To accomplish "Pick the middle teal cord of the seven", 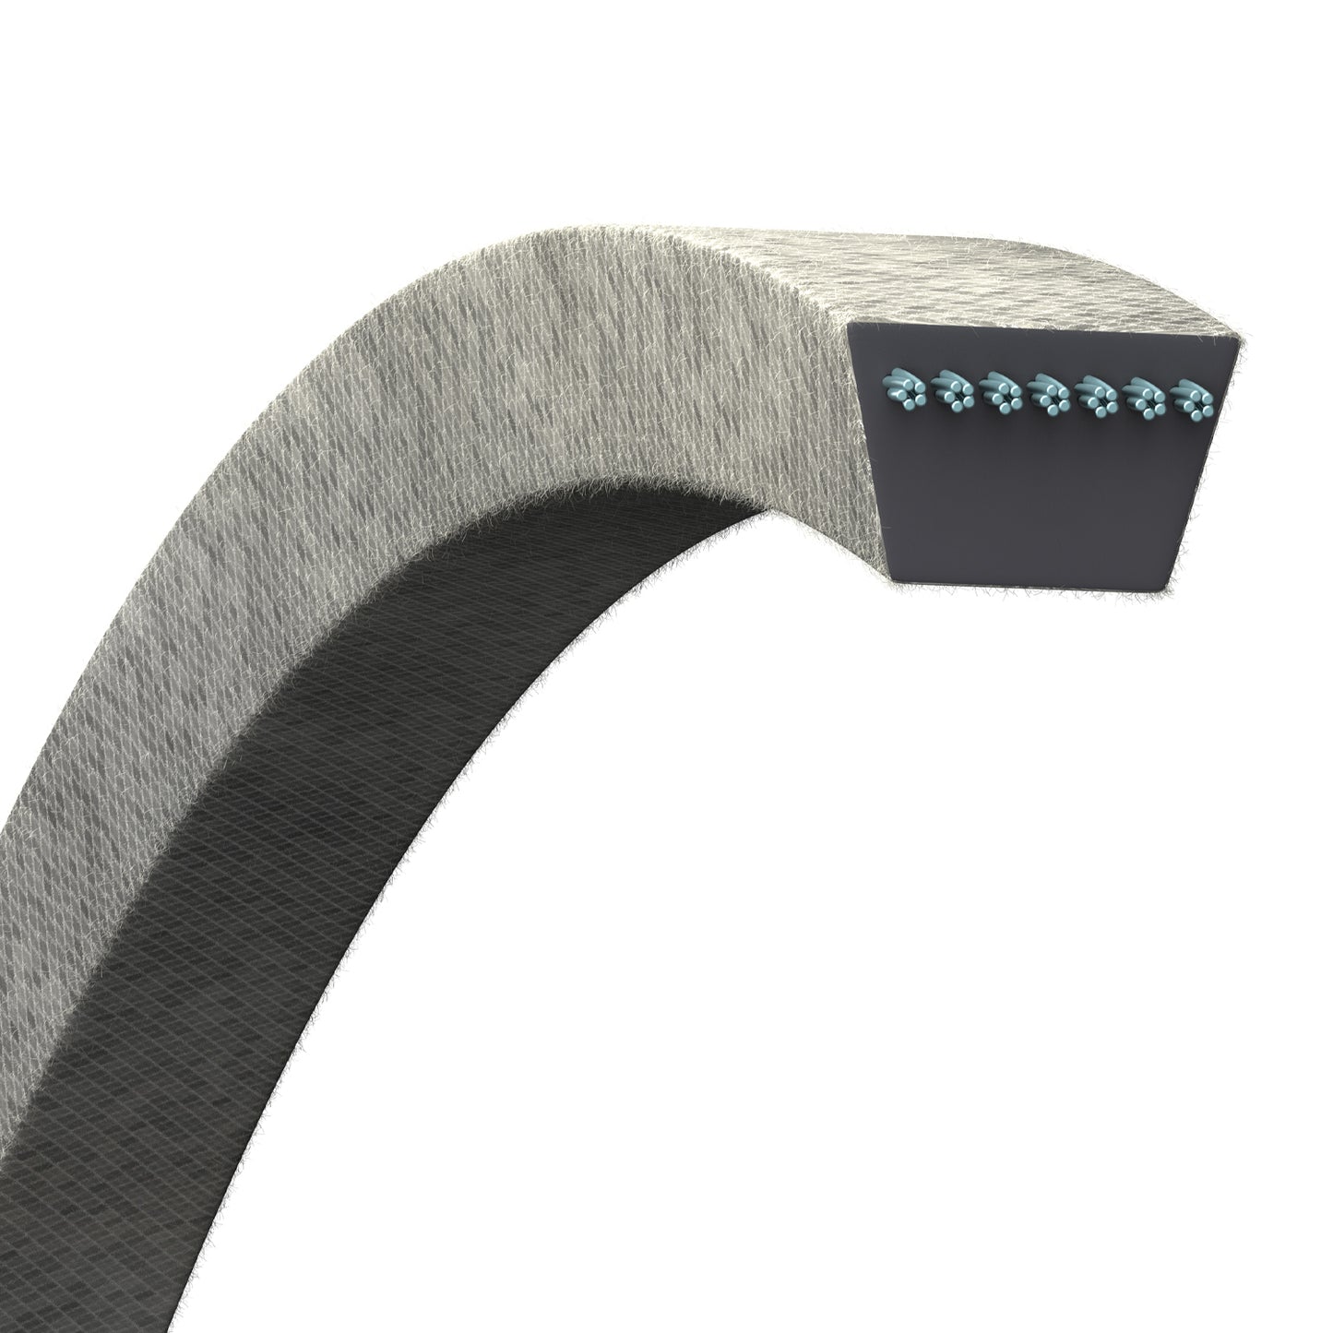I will pos(1046,396).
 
